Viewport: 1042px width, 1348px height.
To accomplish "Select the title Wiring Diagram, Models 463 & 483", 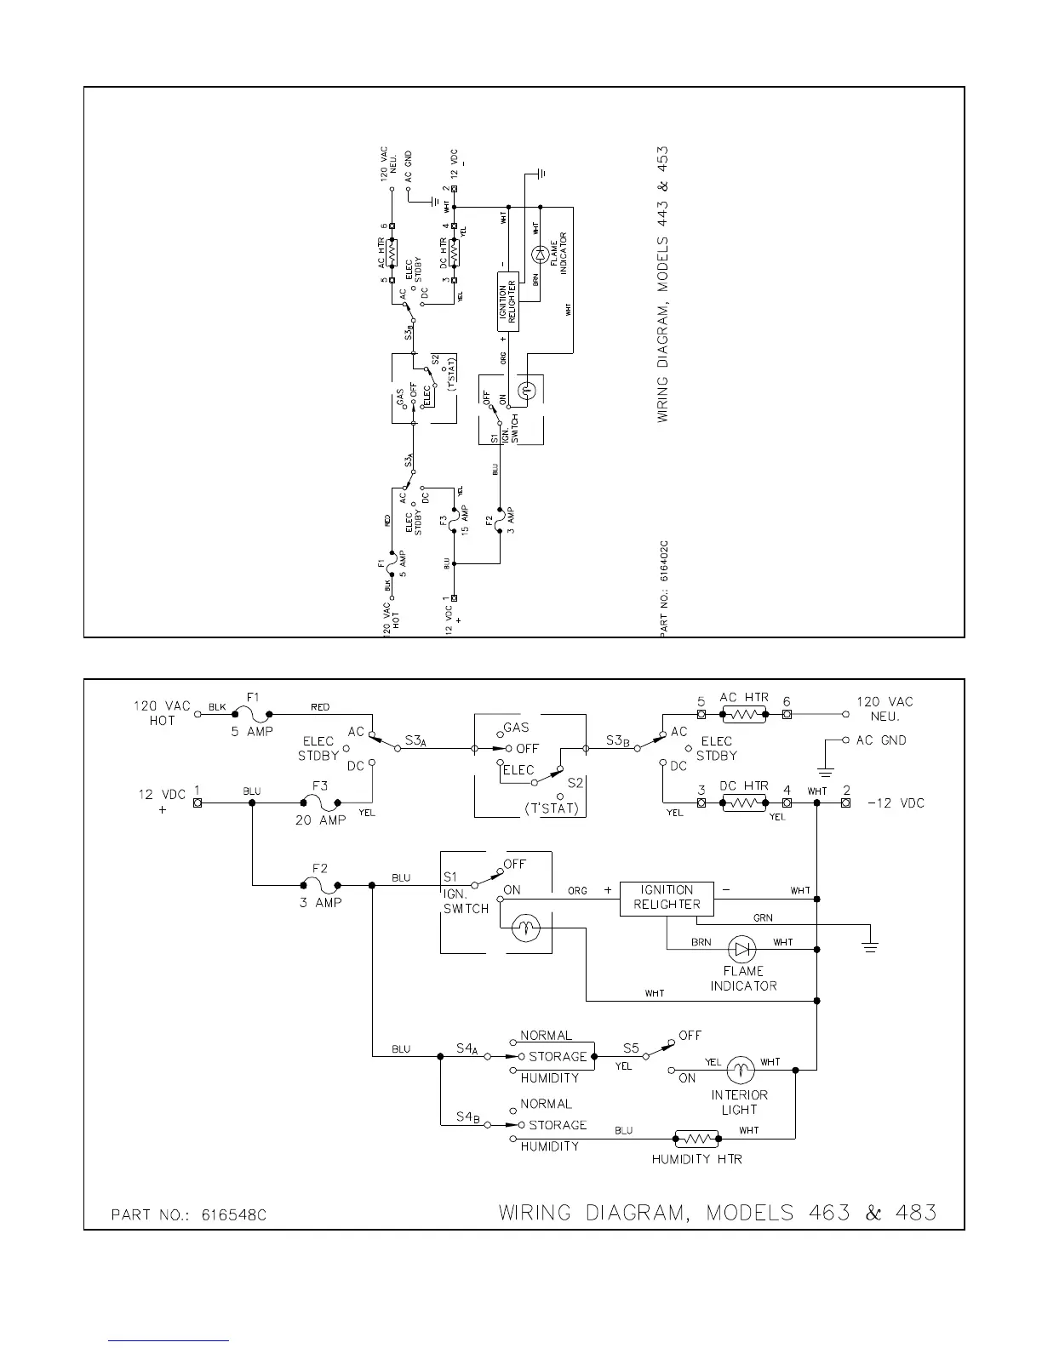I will (x=717, y=1212).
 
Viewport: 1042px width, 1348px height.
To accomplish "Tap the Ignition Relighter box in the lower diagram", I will (x=667, y=897).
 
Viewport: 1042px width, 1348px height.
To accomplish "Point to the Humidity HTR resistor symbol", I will (x=696, y=1138).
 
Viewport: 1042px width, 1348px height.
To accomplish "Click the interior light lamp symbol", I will (x=741, y=1069).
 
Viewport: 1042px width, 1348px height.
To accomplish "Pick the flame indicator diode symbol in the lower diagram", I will (x=743, y=948).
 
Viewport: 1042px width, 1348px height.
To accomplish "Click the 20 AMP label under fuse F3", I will (x=320, y=820).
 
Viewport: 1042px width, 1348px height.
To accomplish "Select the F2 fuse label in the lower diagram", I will (x=320, y=868).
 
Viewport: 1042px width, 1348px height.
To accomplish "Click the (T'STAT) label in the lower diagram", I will (x=552, y=808).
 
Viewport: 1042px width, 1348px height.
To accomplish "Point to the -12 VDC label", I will (x=896, y=803).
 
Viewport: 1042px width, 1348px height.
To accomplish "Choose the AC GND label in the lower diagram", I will (x=881, y=740).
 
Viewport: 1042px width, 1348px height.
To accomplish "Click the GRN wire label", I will (x=763, y=918).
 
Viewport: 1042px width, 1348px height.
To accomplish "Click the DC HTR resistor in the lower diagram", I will (x=743, y=803).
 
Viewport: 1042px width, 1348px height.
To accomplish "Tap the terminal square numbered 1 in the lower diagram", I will (x=198, y=803).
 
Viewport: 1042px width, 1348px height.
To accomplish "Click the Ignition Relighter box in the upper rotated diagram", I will (x=508, y=300).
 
